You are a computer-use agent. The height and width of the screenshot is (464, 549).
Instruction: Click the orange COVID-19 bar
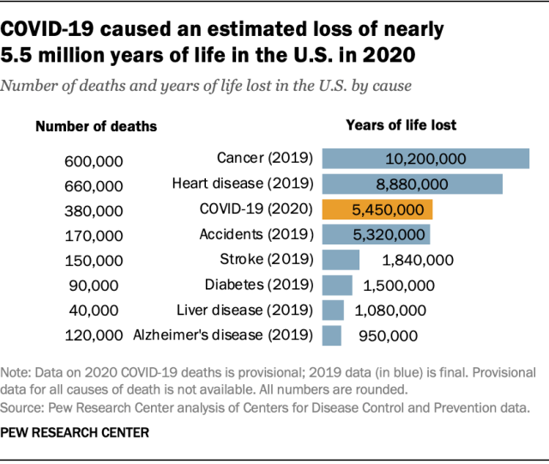point(377,209)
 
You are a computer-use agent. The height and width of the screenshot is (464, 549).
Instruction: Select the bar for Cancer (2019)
point(425,159)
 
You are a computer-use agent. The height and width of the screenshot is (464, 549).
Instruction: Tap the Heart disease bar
point(412,184)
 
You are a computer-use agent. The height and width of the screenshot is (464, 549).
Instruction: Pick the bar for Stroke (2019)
point(341,260)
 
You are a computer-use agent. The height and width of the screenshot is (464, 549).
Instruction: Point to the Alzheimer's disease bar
point(332,335)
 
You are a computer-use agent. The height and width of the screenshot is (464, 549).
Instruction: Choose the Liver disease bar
point(333,310)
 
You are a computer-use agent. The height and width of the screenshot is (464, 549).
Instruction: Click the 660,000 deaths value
point(94,185)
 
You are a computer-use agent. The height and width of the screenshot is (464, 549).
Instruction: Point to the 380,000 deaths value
point(94,210)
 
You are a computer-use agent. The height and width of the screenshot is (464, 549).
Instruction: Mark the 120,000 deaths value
point(94,336)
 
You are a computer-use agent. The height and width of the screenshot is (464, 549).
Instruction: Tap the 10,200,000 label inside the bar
point(425,159)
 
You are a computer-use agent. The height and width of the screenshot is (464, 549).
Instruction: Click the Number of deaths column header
point(96,126)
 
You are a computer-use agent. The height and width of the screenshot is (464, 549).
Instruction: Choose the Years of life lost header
point(401,125)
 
